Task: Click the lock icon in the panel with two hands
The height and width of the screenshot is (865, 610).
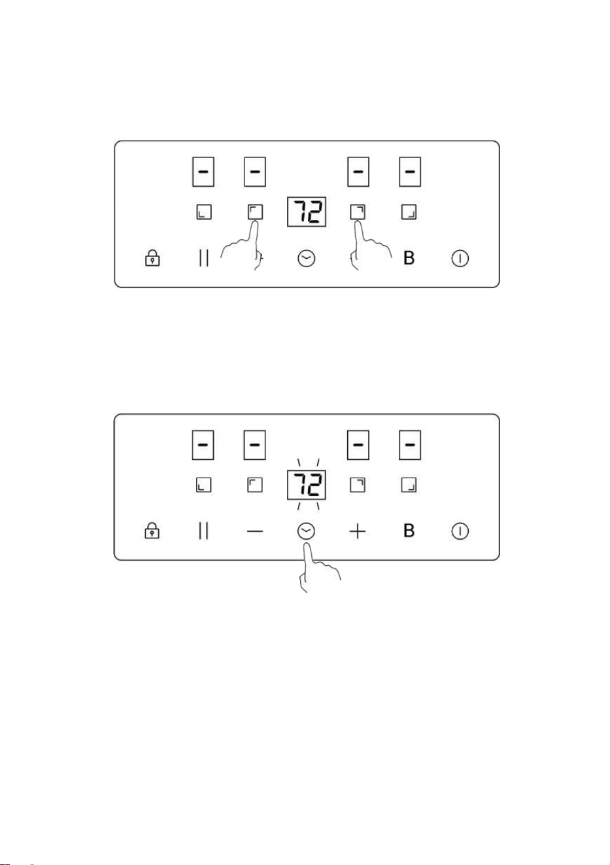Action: coord(152,258)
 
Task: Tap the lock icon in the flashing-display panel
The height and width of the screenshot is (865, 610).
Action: coord(152,530)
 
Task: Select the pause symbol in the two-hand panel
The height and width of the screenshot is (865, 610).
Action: coord(204,258)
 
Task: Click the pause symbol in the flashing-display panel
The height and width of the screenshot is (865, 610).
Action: coord(203,530)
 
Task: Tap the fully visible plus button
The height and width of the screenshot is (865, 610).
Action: coord(357,531)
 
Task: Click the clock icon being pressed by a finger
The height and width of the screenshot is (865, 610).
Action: coord(306,531)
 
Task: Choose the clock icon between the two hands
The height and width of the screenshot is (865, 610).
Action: coord(307,258)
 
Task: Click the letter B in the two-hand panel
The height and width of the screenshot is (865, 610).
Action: coord(409,258)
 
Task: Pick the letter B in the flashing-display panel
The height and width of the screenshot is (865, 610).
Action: coord(409,530)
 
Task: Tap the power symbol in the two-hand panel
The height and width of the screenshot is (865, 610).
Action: coord(460,258)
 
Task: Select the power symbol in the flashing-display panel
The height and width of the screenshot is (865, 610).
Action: coord(460,531)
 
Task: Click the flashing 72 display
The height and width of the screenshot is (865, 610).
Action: coord(307,485)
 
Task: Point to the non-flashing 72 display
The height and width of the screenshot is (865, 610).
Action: coord(307,212)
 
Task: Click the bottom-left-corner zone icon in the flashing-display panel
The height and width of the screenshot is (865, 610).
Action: coord(204,485)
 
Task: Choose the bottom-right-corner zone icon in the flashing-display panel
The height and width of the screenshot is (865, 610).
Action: coord(409,485)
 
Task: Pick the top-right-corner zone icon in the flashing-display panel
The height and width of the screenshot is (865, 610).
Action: coord(357,485)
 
